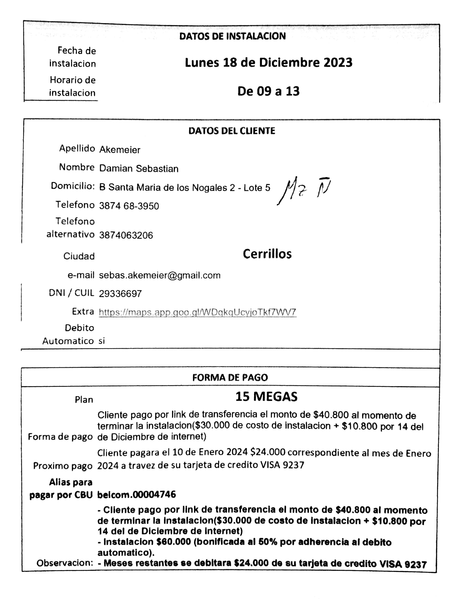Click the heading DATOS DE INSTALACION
pos(232,36)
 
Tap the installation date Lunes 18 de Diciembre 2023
pos(269,63)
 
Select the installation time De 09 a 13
pos(269,92)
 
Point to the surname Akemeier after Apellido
pos(120,150)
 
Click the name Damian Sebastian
pos(139,169)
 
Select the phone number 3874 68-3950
pos(129,206)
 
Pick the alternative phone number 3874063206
pos(126,235)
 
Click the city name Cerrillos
pos(267,254)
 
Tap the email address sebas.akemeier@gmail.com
pos(160,275)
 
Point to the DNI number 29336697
pos(120,294)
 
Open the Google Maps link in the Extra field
pos(198,312)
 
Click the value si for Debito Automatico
pos(102,341)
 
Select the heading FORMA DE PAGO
pos(230,377)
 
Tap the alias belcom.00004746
pos(137,494)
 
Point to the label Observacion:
pos(65,563)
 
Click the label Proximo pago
pos(63,466)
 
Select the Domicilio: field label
pos(73,186)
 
